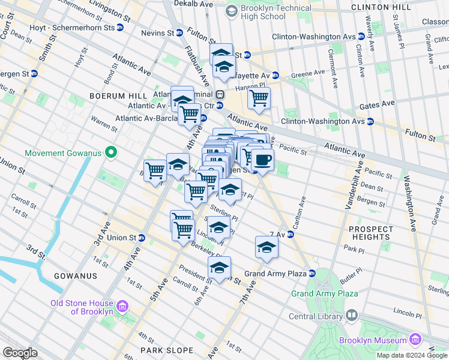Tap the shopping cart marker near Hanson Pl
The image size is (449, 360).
coord(259,98)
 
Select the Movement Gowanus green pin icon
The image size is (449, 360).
coord(110,152)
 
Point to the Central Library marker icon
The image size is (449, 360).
coord(352,314)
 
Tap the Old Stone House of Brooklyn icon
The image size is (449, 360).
coord(122,307)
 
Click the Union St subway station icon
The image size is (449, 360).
coord(142,238)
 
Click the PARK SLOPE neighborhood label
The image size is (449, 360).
coord(167,350)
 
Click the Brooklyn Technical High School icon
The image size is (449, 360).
coord(232,11)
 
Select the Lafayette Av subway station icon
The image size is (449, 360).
coord(276,75)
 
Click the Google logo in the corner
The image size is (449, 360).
coord(20,353)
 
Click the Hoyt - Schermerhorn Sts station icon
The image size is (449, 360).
coord(120,27)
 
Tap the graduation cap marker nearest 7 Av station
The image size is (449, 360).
coord(267,247)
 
